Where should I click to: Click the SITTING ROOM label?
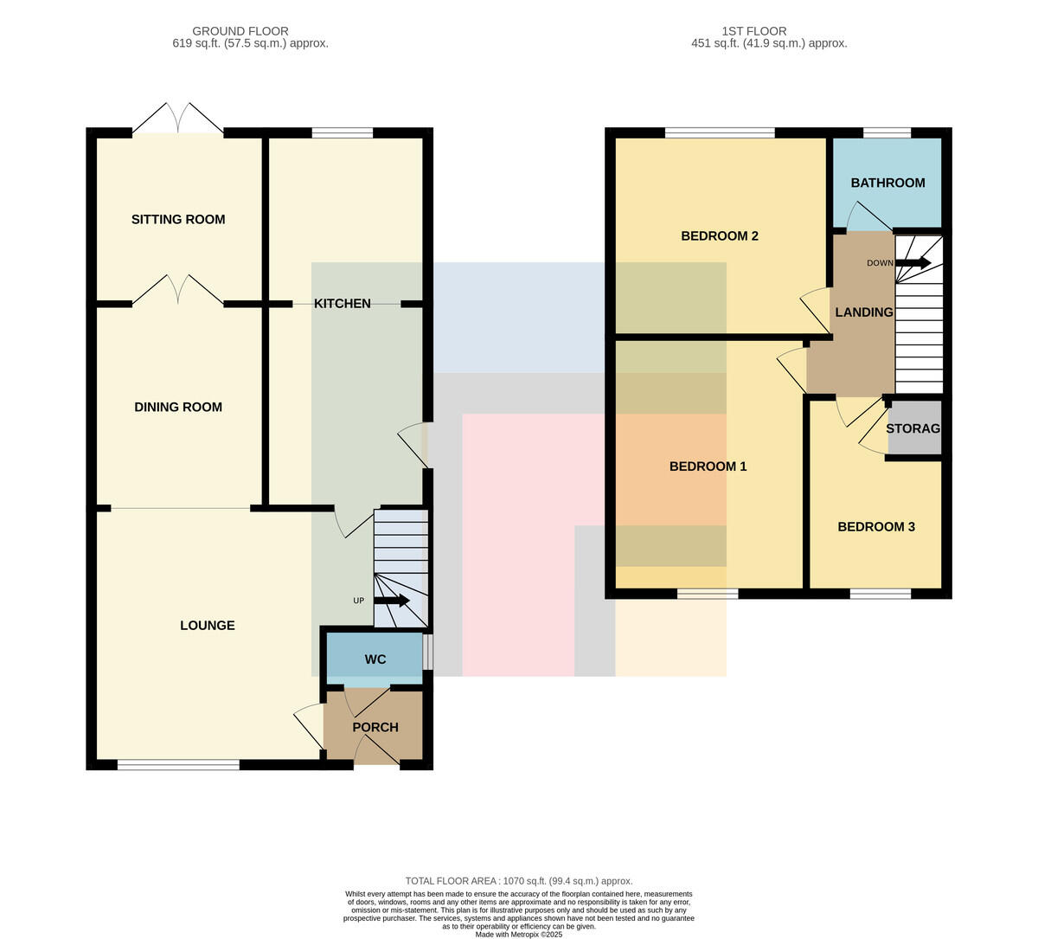click(178, 219)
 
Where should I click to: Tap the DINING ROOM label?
click(178, 407)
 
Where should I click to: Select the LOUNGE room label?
click(207, 625)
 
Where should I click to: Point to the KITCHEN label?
click(342, 304)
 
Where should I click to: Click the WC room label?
click(375, 659)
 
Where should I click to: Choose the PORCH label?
click(375, 727)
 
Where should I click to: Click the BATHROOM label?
click(887, 183)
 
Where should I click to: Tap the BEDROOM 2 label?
click(720, 236)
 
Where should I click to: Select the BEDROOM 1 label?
click(708, 466)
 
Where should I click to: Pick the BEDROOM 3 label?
click(876, 527)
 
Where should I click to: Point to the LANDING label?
click(863, 312)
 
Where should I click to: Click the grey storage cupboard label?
click(913, 428)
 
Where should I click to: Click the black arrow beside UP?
click(392, 601)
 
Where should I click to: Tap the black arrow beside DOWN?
click(913, 262)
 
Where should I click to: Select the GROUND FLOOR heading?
click(240, 31)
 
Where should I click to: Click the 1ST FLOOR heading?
click(754, 31)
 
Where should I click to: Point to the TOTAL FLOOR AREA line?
click(518, 881)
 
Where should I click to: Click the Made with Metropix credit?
click(518, 935)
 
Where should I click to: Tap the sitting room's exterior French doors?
click(178, 119)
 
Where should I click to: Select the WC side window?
click(428, 652)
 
